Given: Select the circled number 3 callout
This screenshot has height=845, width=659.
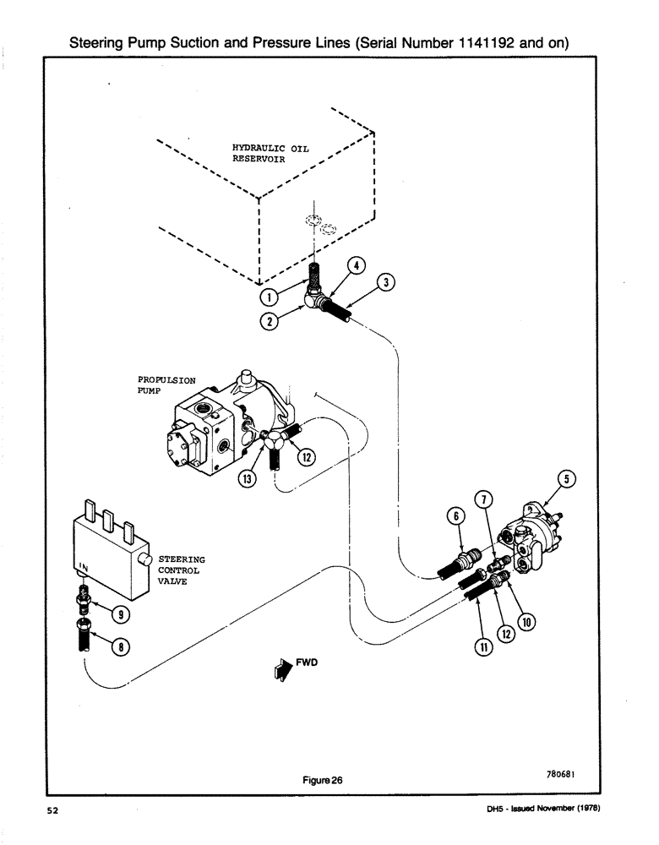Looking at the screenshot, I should tap(385, 282).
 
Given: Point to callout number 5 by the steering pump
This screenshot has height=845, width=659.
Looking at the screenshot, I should tap(569, 479).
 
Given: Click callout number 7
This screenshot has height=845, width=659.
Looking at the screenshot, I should tap(482, 499).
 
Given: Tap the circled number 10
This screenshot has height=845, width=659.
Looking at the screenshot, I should tap(527, 623).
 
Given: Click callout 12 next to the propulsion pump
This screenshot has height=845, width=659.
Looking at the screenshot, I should tap(305, 456).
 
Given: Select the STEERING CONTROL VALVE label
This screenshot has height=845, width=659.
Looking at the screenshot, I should tap(181, 570).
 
